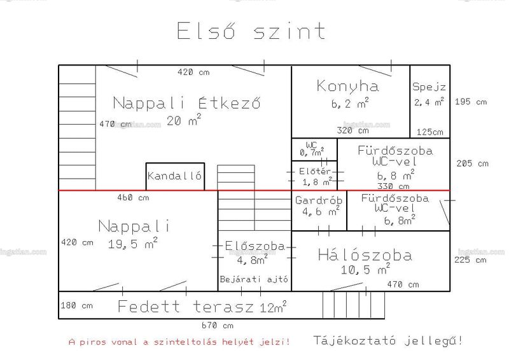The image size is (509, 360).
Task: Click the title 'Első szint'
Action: pyautogui.click(x=251, y=31)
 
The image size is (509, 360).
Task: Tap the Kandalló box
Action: pyautogui.click(x=176, y=176)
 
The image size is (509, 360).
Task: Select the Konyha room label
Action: pyautogui.click(x=347, y=86)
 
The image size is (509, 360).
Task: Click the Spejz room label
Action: pyautogui.click(x=429, y=87)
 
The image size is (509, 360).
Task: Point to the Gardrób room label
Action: pyautogui.click(x=319, y=200)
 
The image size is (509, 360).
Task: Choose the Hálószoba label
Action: pyautogui.click(x=365, y=255)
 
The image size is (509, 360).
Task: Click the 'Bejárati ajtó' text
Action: pyautogui.click(x=254, y=279)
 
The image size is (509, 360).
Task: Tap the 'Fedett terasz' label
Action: pyautogui.click(x=185, y=307)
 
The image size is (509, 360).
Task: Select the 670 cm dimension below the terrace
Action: pyautogui.click(x=218, y=325)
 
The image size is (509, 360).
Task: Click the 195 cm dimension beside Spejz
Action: pyautogui.click(x=471, y=102)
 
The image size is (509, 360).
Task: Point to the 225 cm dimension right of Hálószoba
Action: pyautogui.click(x=470, y=260)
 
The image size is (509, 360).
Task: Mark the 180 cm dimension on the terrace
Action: pyautogui.click(x=76, y=305)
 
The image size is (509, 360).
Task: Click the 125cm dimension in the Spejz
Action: pyautogui.click(x=430, y=132)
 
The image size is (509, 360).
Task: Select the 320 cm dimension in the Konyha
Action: pyautogui.click(x=353, y=130)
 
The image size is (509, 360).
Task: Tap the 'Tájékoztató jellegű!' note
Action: pyautogui.click(x=388, y=340)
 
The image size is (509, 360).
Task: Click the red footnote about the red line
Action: pyautogui.click(x=179, y=342)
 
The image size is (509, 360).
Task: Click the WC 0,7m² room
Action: pyautogui.click(x=312, y=149)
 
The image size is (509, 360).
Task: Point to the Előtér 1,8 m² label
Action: pyautogui.click(x=316, y=177)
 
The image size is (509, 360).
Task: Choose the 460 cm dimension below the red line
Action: pyautogui.click(x=133, y=197)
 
